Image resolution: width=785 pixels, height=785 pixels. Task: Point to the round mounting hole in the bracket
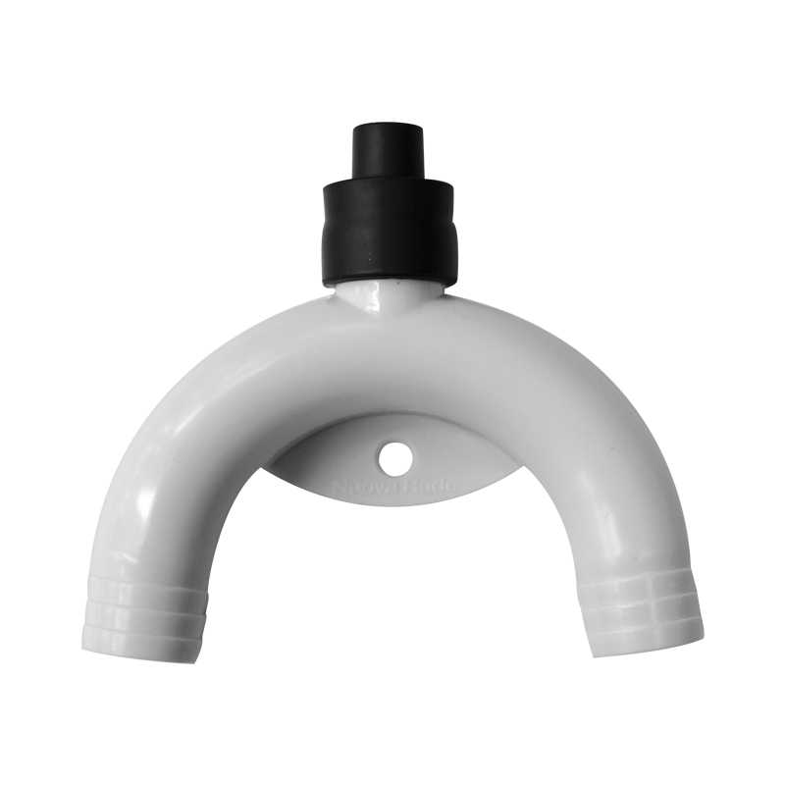tap(395, 455)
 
